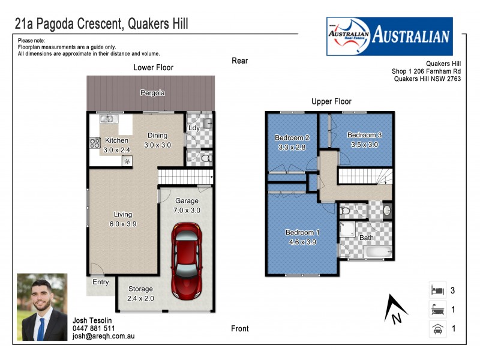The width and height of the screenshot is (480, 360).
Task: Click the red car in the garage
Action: pyautogui.click(x=187, y=261)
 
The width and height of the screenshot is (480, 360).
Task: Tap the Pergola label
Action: pyautogui.click(x=152, y=93)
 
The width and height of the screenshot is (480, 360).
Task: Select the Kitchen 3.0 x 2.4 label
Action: pyautogui.click(x=116, y=145)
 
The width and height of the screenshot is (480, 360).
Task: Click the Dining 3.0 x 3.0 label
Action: pyautogui.click(x=158, y=140)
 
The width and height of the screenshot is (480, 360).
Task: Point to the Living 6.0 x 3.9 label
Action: pyautogui.click(x=123, y=219)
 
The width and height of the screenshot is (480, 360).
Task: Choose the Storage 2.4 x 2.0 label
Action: pyautogui.click(x=140, y=294)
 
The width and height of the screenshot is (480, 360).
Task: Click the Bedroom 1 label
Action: pyautogui.click(x=302, y=237)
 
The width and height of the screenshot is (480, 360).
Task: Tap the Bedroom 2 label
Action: pyautogui.click(x=292, y=142)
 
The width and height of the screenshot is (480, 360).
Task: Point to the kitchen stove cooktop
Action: pyautogui.click(x=95, y=143)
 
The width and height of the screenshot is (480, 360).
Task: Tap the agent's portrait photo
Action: pyautogui.click(x=42, y=307)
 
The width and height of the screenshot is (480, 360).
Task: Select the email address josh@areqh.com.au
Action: pyautogui.click(x=103, y=337)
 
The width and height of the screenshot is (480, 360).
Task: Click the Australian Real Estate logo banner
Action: pyautogui.click(x=389, y=36)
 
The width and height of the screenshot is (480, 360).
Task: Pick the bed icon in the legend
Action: pyautogui.click(x=437, y=291)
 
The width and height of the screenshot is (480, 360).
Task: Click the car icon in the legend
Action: pyautogui.click(x=437, y=329)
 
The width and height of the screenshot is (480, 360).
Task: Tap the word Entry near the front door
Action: pyautogui.click(x=101, y=282)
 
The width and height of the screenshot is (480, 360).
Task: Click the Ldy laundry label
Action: pyautogui.click(x=194, y=128)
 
